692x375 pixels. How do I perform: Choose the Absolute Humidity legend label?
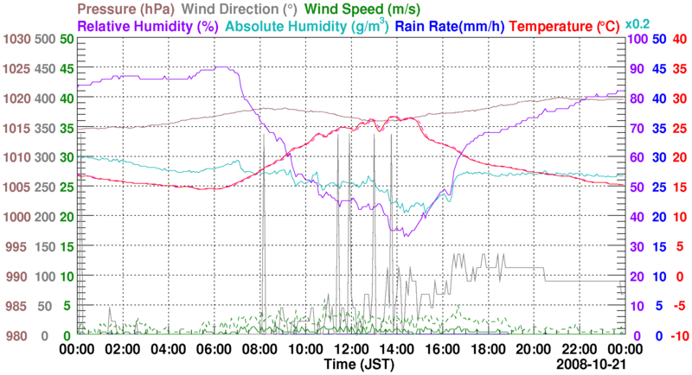click(x=304, y=26)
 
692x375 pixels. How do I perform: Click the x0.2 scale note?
click(x=638, y=23)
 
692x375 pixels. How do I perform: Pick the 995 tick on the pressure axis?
click(x=18, y=246)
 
